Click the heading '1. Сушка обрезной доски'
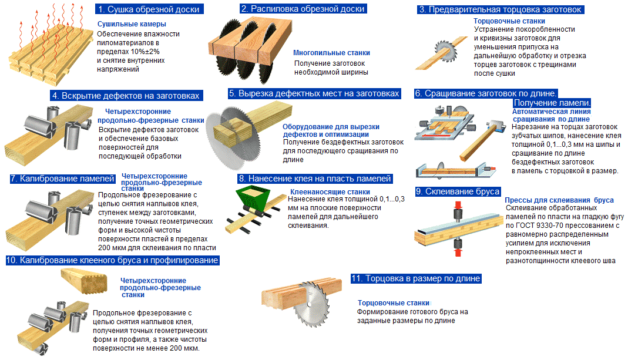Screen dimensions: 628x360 149,9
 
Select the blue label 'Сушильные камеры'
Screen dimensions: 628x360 132,24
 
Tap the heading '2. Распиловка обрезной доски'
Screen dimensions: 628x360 303,9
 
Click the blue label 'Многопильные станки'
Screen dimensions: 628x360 331,53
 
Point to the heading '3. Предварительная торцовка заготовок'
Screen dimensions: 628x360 501,9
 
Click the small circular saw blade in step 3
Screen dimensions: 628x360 445,51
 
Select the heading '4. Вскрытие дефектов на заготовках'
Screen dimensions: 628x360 127,96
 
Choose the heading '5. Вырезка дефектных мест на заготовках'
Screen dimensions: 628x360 314,94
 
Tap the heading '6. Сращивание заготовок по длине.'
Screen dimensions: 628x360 486,94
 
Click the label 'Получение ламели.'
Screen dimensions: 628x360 552,103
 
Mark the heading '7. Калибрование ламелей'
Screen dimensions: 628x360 63,179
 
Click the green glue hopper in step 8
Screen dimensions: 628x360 252,198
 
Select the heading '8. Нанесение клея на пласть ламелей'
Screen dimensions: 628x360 315,179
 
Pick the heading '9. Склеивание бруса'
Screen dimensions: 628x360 458,191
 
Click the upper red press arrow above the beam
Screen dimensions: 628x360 458,206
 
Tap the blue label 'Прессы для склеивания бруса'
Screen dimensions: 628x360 559,200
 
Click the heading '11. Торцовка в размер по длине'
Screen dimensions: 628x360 416,279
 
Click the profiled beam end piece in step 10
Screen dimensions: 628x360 84,281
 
